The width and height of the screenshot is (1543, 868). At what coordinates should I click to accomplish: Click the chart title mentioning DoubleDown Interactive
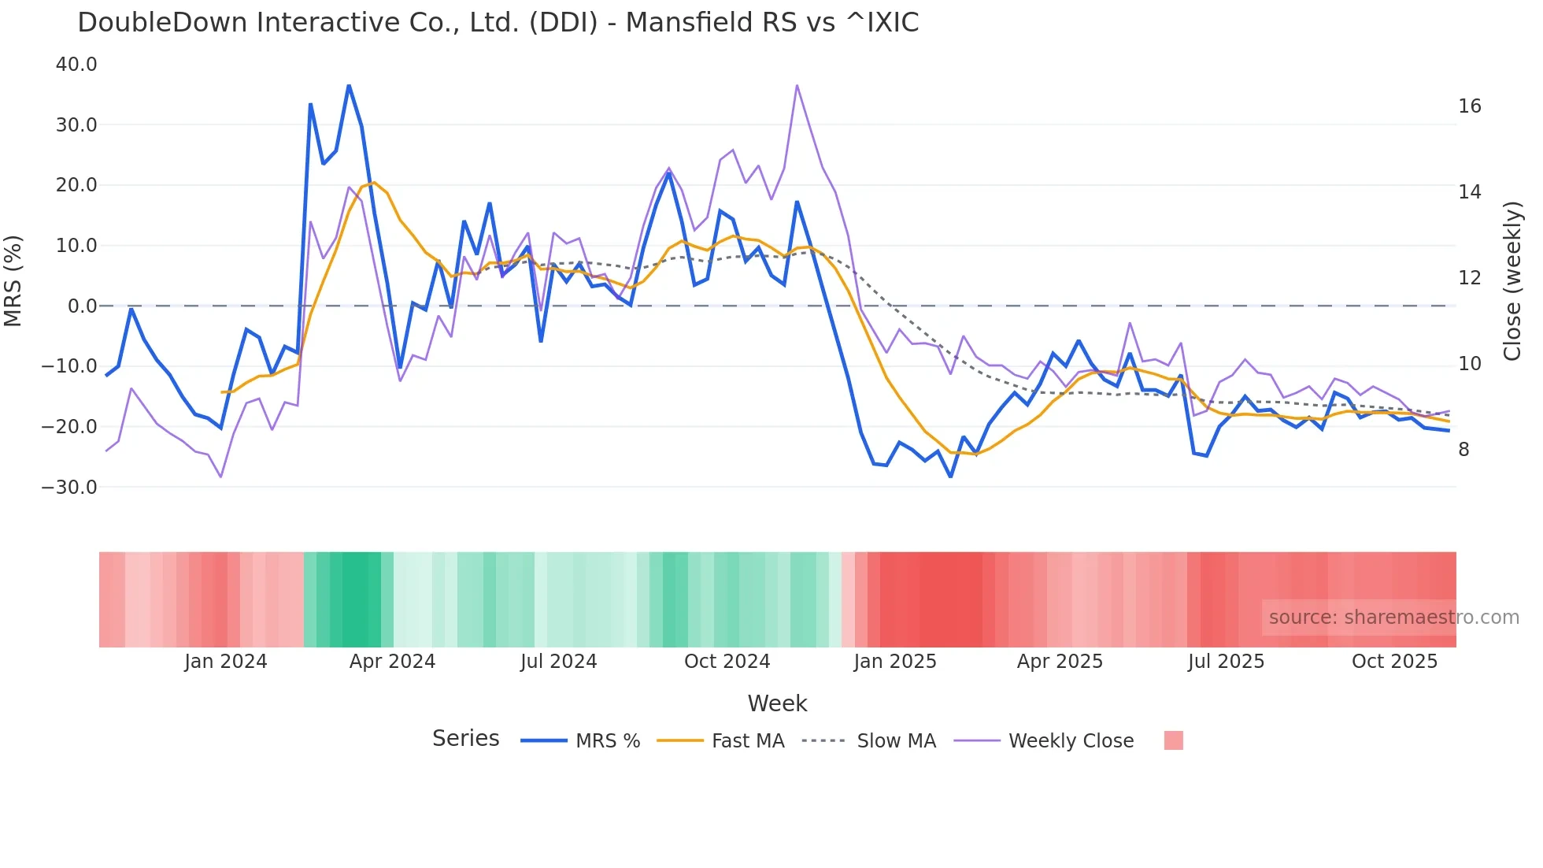[498, 23]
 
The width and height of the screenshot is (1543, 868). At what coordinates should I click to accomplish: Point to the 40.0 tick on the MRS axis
[76, 65]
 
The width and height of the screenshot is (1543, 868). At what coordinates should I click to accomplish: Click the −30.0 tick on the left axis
[69, 488]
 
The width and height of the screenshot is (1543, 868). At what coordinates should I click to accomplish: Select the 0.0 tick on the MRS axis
[82, 306]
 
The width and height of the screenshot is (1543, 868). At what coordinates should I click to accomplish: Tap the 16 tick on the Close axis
[1469, 106]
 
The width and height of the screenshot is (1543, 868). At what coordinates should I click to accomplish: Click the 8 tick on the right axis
[1463, 450]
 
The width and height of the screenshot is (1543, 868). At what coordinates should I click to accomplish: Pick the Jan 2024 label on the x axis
[226, 662]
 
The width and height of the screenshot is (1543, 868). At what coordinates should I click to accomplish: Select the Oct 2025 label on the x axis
[1394, 662]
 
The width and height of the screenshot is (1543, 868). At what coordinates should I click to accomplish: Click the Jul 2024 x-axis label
[558, 662]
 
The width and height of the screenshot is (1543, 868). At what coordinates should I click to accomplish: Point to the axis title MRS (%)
[13, 280]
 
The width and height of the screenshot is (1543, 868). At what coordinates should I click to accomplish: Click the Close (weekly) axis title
[1512, 280]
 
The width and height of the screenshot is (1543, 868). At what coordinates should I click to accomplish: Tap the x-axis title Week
[777, 703]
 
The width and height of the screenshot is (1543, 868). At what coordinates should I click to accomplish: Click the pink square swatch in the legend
[1173, 740]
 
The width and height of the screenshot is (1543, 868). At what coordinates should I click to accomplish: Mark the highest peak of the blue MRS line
[349, 86]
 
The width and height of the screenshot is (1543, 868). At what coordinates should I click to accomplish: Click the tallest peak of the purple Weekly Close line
[797, 85]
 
